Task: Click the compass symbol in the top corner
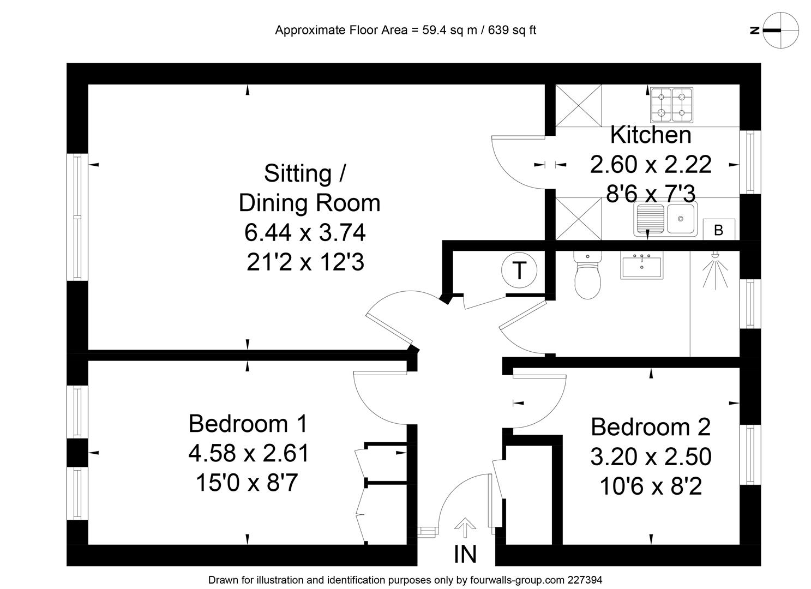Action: pos(780,30)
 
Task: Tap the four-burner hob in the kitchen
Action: pos(670,105)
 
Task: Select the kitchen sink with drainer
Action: pos(665,219)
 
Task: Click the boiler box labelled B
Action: pos(719,230)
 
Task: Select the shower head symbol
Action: pos(714,271)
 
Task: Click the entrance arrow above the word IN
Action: pos(465,527)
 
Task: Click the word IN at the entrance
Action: pos(465,554)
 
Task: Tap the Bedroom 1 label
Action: pos(248,424)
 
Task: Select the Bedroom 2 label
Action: pos(651,426)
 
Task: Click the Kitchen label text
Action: pos(651,135)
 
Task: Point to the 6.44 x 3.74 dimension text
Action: pos(305,233)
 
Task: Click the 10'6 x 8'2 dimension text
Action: pos(651,486)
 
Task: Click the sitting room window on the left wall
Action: pos(77,217)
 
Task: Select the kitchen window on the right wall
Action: pos(750,162)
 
